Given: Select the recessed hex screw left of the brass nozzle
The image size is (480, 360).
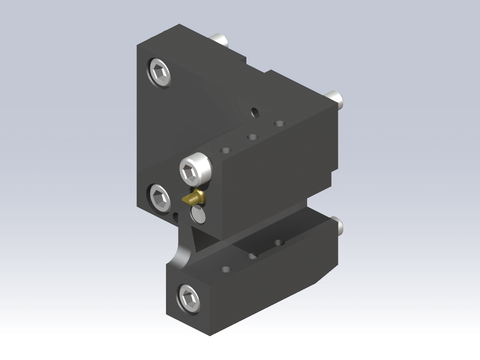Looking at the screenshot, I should (159, 193).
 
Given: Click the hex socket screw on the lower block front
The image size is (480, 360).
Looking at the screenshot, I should (187, 294).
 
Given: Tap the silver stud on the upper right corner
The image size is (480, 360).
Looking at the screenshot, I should (338, 100).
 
